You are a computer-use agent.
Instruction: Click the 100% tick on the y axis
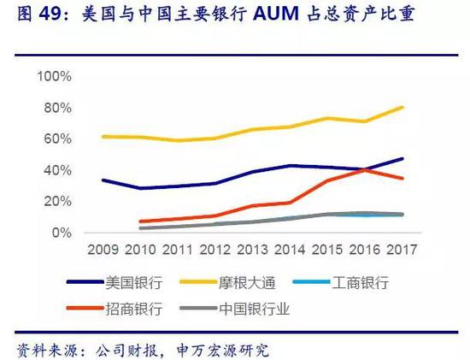click(57, 76)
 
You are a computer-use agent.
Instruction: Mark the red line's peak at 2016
click(365, 169)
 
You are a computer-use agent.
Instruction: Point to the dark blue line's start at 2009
click(103, 180)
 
